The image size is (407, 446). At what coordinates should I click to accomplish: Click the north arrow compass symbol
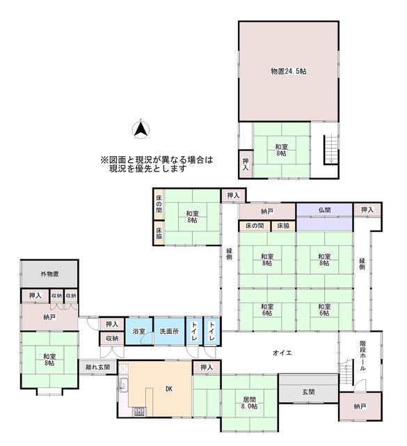(140, 128)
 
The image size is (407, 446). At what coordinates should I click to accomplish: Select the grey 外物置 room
(49, 274)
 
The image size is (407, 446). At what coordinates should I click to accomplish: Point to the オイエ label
(282, 353)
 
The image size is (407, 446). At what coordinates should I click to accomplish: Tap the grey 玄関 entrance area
(308, 392)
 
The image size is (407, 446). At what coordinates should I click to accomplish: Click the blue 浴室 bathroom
(138, 332)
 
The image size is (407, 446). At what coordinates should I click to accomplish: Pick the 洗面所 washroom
(168, 332)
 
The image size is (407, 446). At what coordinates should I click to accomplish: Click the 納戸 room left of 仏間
(267, 210)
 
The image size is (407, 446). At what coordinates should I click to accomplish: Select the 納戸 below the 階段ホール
(359, 406)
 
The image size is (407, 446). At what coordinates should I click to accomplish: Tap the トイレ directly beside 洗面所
(193, 332)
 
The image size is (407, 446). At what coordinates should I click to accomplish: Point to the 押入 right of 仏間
(367, 210)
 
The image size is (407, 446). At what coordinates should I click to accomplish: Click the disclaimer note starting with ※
(157, 164)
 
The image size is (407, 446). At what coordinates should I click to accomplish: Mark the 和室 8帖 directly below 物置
(280, 150)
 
